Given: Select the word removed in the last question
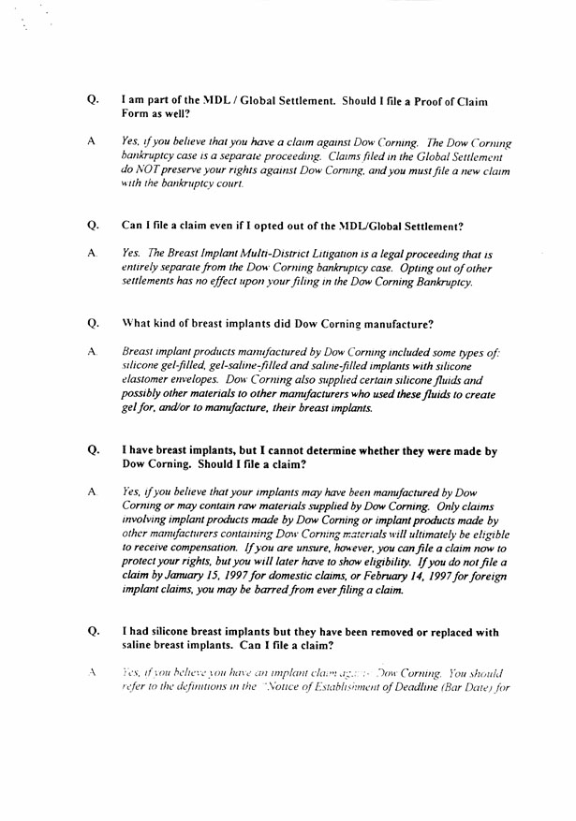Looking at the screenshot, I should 404,631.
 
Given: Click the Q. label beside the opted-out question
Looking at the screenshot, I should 93,225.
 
